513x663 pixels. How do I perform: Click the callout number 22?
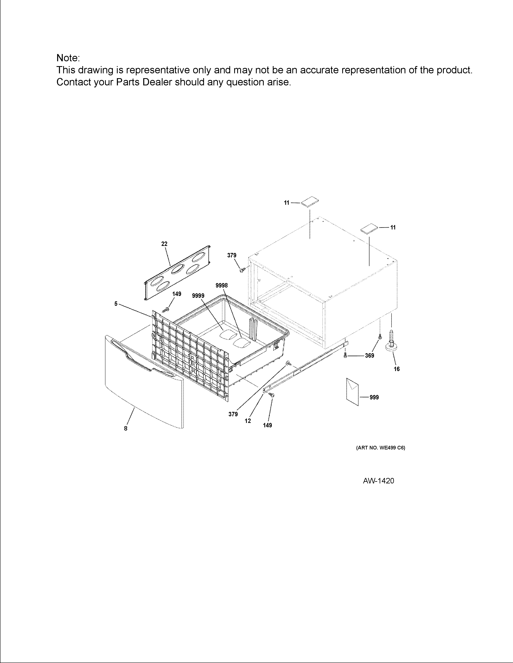tap(164, 244)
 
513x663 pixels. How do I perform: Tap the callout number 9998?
tap(221, 285)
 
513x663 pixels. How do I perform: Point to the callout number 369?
tap(370, 355)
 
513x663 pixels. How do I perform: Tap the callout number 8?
tap(126, 428)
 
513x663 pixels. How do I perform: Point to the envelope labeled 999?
tap(352, 392)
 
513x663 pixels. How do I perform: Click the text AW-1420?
tap(378, 481)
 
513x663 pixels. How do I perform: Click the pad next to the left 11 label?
tap(310, 202)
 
